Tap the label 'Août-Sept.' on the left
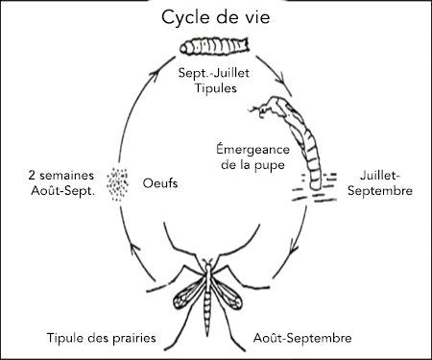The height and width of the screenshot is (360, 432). click(60, 192)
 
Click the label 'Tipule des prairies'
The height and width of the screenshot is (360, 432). click(101, 338)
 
